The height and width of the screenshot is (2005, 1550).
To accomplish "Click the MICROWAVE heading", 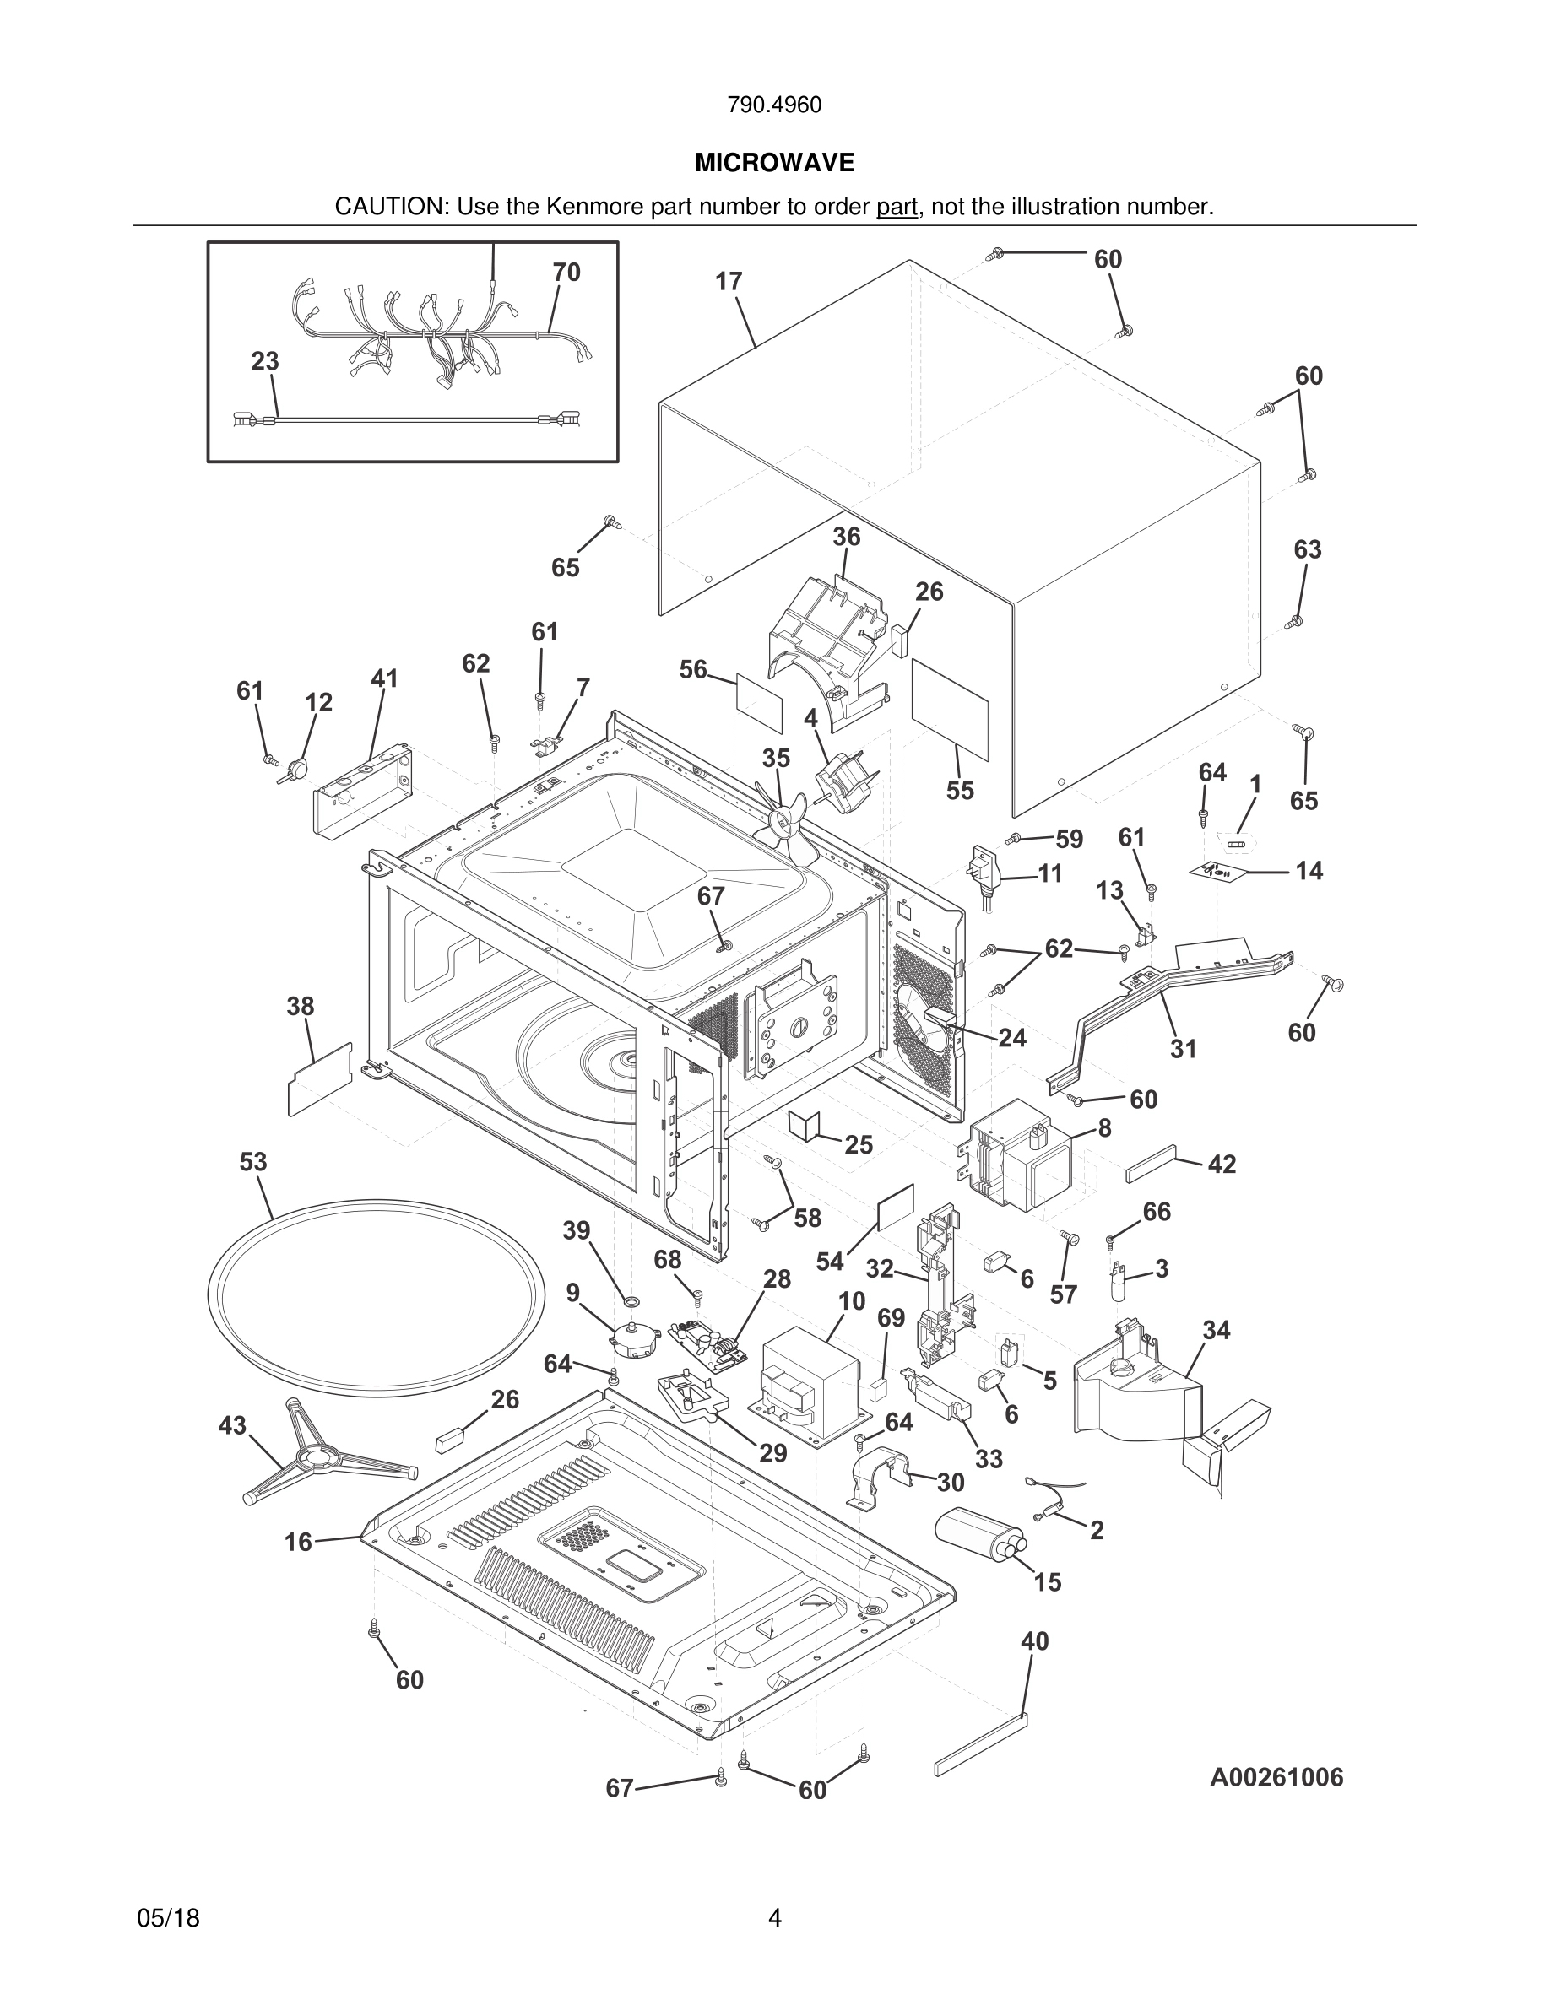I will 774,163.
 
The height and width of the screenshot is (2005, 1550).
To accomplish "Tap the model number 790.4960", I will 774,105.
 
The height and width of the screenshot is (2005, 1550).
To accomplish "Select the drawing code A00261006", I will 1276,1777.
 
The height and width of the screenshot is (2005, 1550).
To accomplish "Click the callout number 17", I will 729,281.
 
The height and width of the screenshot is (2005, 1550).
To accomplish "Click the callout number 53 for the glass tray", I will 253,1161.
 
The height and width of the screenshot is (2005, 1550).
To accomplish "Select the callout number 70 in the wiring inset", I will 566,272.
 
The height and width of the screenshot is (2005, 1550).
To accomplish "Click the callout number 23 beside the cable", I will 264,361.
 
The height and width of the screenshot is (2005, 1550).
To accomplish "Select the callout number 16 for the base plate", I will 297,1542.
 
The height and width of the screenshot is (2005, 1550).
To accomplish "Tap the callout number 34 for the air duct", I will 1216,1329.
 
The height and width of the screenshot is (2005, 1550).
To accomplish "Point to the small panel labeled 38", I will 320,1079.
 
